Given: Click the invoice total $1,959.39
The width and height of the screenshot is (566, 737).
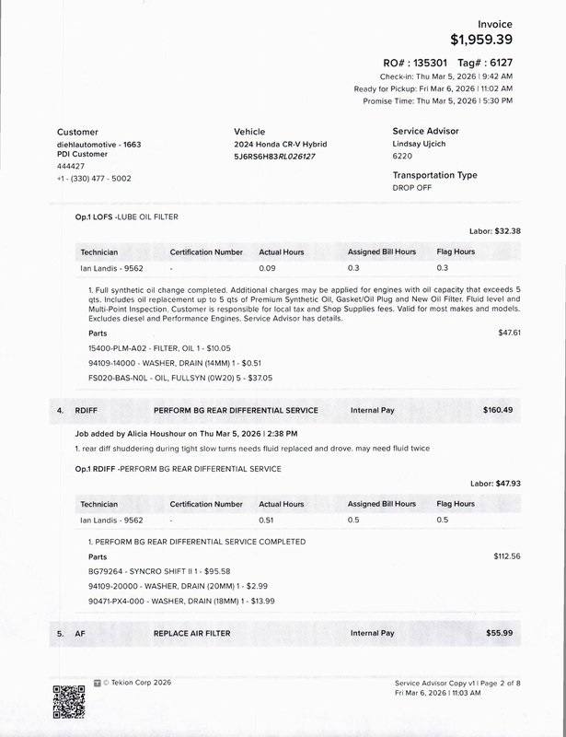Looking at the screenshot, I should coord(482,40).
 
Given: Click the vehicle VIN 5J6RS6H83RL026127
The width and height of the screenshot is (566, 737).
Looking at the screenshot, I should coord(274,157).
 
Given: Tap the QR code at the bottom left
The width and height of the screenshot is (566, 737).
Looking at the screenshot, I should coord(69,704).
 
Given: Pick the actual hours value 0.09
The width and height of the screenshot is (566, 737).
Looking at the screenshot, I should coord(267,268).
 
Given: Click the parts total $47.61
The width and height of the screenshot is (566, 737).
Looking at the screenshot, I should coord(509,332).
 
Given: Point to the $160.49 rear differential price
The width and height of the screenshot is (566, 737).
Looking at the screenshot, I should coord(498,409).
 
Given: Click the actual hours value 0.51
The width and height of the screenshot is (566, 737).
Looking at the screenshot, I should coord(267,520).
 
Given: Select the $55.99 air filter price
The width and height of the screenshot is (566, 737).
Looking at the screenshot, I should coord(500,634).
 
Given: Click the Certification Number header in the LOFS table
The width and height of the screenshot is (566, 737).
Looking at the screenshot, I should coord(206,252).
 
